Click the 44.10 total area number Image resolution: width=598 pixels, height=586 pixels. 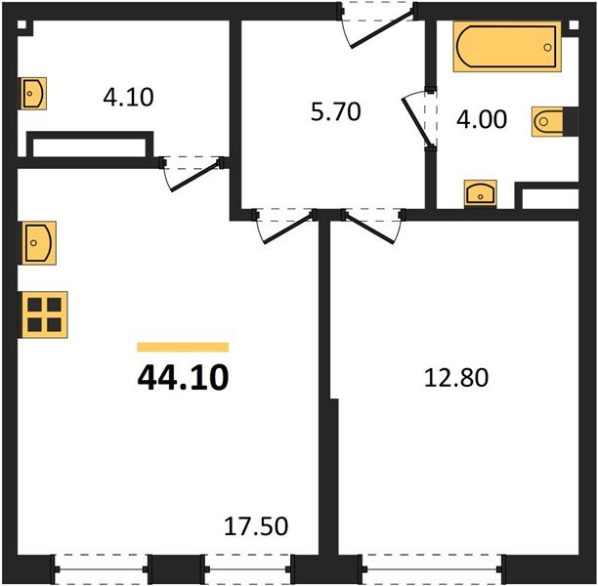pyautogui.click(x=183, y=377)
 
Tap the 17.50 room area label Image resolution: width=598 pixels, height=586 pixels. pyautogui.click(x=256, y=526)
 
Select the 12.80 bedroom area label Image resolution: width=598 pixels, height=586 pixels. pyautogui.click(x=456, y=378)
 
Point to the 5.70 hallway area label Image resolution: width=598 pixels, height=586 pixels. pyautogui.click(x=335, y=112)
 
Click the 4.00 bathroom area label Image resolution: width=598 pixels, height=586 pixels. pyautogui.click(x=482, y=119)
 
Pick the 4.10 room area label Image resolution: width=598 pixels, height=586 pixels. pyautogui.click(x=129, y=97)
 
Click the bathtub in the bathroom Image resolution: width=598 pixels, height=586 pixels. pyautogui.click(x=507, y=47)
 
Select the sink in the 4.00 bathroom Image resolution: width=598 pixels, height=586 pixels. pyautogui.click(x=480, y=193)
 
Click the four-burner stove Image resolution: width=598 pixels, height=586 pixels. pyautogui.click(x=43, y=314)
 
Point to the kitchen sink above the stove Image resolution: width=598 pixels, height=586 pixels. pyautogui.click(x=39, y=243)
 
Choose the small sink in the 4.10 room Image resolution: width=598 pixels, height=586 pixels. pyautogui.click(x=33, y=94)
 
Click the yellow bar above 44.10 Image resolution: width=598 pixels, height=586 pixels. pyautogui.click(x=183, y=347)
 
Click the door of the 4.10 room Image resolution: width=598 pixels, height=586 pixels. pyautogui.click(x=192, y=173)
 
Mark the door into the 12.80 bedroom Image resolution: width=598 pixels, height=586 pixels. pyautogui.click(x=372, y=227)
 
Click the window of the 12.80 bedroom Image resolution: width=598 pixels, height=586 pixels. pyautogui.click(x=432, y=569)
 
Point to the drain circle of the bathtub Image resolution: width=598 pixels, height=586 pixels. pyautogui.click(x=547, y=48)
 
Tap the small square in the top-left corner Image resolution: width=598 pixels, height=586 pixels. pyautogui.click(x=21, y=24)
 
